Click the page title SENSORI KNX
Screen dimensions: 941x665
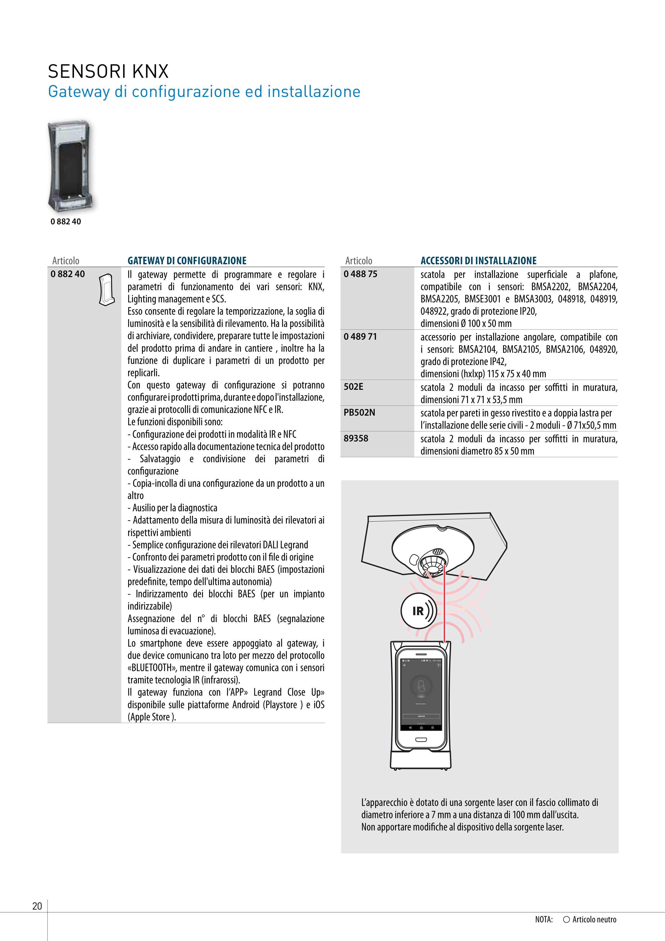point(108,71)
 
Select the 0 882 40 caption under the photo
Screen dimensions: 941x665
point(66,222)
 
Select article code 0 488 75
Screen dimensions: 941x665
point(360,274)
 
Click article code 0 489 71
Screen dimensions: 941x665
point(360,336)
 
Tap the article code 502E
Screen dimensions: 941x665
point(353,387)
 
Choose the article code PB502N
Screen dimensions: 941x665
point(359,413)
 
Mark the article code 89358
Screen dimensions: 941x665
point(356,439)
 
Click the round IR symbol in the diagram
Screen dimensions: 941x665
point(418,611)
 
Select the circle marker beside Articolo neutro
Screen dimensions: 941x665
point(566,919)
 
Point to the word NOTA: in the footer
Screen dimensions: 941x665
point(544,919)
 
